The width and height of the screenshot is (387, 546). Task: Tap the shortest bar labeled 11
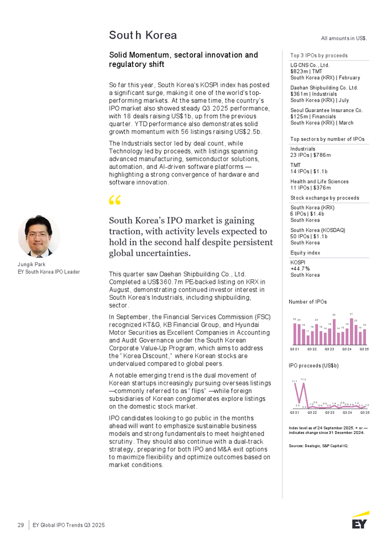[308, 338]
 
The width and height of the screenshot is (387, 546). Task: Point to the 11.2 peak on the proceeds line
[304, 383]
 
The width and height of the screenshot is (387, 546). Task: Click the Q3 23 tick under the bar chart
[330, 349]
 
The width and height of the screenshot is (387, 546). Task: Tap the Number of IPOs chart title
[307, 302]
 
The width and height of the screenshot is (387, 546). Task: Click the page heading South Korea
[143, 35]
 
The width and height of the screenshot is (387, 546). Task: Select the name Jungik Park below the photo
[32, 264]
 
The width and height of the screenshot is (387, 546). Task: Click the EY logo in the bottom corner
[360, 520]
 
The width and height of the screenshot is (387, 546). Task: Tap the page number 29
[20, 525]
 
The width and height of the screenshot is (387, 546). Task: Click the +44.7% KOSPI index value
[301, 268]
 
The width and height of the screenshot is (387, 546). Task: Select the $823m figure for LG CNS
[300, 72]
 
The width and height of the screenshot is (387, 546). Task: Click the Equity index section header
[305, 253]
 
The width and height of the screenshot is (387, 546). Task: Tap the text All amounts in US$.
[344, 38]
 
